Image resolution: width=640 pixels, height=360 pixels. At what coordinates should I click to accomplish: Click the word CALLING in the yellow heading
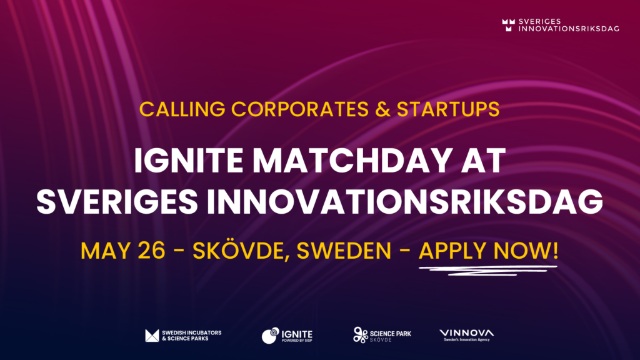[182, 109]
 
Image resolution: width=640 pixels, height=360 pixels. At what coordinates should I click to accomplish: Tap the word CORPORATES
[300, 109]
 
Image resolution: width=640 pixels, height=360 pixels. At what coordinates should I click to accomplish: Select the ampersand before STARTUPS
[383, 109]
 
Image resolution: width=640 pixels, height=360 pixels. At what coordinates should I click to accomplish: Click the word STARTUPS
[448, 109]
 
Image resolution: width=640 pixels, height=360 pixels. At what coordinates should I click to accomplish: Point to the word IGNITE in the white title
[189, 161]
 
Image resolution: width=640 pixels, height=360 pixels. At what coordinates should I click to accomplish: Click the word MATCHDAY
[352, 161]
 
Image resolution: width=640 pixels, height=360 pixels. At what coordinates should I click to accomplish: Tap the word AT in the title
[483, 161]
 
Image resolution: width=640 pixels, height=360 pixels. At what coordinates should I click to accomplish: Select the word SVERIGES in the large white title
[117, 201]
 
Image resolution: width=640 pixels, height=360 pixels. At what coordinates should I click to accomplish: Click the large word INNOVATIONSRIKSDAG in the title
[405, 201]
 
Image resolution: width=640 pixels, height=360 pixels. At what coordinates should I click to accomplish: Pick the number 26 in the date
[151, 251]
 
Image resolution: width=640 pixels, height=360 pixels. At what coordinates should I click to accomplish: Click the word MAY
[106, 251]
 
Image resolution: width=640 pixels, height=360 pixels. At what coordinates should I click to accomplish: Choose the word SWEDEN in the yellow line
[344, 251]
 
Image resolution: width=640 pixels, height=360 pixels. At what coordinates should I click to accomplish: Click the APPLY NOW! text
[488, 251]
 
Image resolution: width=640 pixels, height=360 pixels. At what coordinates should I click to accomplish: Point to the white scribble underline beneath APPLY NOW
[487, 270]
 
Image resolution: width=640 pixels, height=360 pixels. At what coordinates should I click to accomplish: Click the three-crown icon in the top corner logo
[509, 25]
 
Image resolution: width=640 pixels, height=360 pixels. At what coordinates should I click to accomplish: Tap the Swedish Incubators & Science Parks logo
[183, 336]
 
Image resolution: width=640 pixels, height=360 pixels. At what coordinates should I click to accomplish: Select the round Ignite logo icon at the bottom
[270, 336]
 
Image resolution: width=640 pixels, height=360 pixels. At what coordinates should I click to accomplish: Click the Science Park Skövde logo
[382, 335]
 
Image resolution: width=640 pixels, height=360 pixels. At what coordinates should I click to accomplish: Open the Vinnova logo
[466, 335]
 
